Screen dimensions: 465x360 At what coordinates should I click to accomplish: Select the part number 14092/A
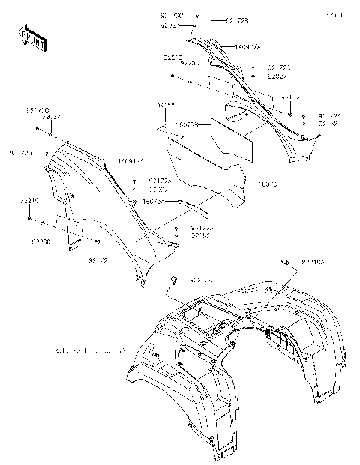247,46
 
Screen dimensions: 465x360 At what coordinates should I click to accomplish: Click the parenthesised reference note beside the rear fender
89,350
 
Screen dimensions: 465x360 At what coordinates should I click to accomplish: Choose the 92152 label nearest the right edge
328,124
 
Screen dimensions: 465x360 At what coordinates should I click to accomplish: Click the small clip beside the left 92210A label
171,280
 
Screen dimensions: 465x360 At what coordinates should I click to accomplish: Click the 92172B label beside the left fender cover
20,153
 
